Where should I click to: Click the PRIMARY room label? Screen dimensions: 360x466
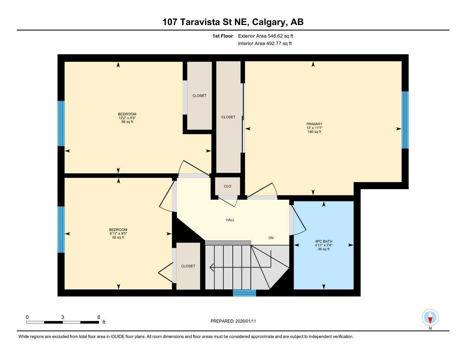point(314,124)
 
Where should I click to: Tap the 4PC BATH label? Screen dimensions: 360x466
point(324,242)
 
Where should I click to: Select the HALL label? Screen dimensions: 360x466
point(230,220)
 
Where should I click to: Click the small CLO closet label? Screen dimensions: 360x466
point(228,186)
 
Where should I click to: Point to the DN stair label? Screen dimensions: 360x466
point(271,238)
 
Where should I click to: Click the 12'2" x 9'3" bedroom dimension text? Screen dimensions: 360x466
point(127,118)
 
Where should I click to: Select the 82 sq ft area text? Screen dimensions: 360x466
point(118,238)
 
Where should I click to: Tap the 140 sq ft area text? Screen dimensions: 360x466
point(314,132)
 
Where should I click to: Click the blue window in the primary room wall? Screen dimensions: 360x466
point(405,120)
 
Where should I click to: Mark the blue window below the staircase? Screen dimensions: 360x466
point(244,293)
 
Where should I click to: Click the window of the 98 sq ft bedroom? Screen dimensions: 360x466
point(61,123)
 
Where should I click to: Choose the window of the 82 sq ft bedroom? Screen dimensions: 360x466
point(61,229)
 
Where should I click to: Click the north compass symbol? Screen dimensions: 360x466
point(430,318)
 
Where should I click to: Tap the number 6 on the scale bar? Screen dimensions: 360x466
point(99,317)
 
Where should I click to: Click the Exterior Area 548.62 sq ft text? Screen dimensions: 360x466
point(266,36)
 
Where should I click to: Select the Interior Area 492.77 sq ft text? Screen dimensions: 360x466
point(265,44)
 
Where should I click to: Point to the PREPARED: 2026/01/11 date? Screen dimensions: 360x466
point(233,321)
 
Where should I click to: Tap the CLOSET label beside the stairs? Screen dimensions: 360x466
point(188,266)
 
